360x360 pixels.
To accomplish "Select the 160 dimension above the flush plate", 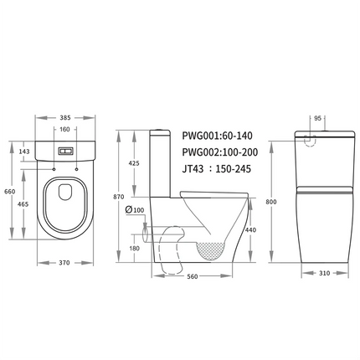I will [x=64, y=130].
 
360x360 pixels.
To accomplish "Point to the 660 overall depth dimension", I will [x=10, y=192].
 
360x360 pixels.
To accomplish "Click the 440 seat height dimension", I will [x=252, y=229].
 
